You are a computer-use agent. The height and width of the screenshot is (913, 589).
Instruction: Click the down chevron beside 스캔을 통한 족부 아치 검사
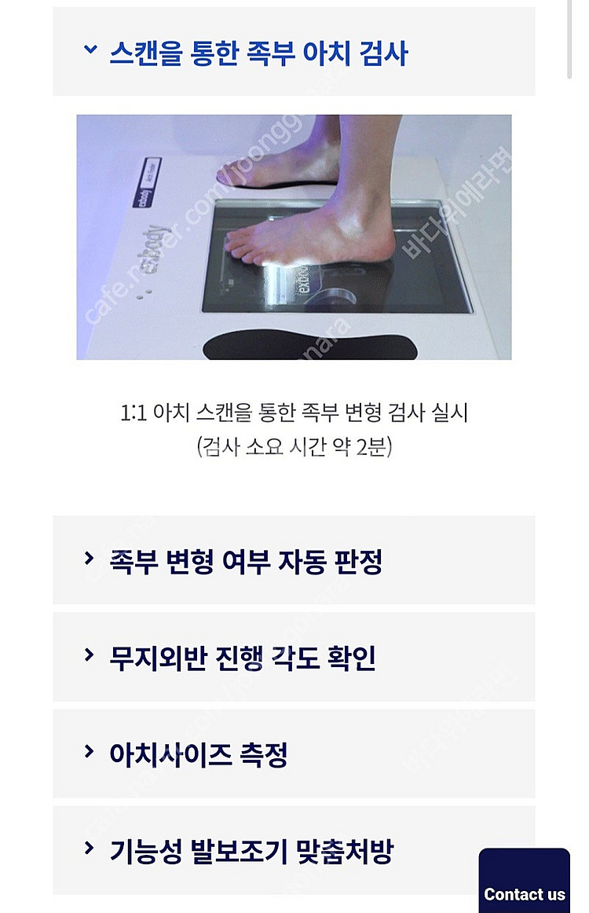pos(90,50)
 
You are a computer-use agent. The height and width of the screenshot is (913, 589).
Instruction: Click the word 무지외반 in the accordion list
pos(158,658)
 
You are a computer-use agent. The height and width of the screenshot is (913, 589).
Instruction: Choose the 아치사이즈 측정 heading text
pos(198,754)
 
